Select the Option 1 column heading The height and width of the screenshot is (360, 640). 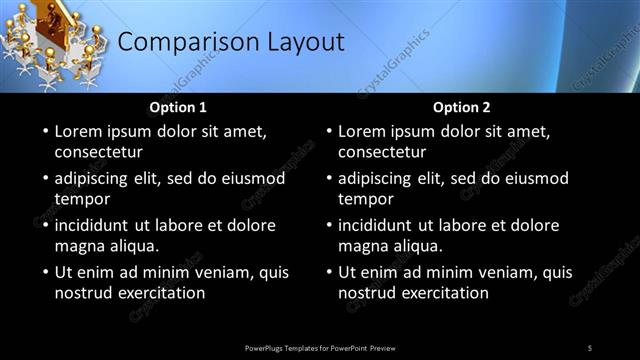(x=178, y=107)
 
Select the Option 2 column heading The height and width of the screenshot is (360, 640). (x=461, y=107)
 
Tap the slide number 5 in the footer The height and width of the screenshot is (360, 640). (x=589, y=348)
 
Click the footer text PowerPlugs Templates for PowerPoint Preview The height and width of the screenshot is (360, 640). (x=319, y=348)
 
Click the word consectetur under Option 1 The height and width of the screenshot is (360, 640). (x=98, y=153)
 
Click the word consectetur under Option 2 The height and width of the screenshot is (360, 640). (x=381, y=153)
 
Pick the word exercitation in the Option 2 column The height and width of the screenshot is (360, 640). (x=443, y=293)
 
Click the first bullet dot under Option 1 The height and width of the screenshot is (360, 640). (x=44, y=131)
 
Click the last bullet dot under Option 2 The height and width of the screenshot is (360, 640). (x=327, y=272)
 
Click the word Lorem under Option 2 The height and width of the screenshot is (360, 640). (x=361, y=131)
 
